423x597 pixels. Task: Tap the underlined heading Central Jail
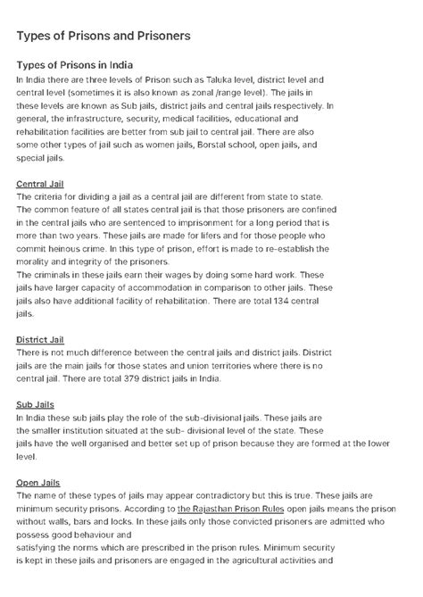pyautogui.click(x=39, y=184)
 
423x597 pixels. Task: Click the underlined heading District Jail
pyautogui.click(x=40, y=340)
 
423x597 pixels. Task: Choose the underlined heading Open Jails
pyautogui.click(x=38, y=483)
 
